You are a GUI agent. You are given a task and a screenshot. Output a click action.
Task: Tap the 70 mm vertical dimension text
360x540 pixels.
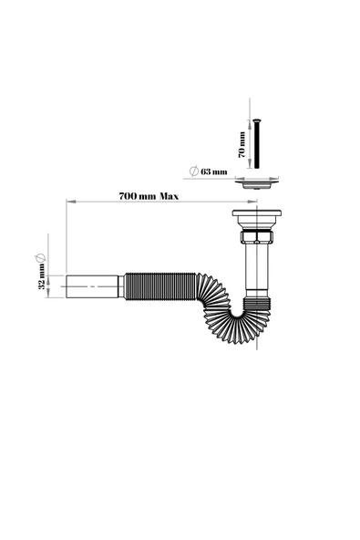[x=242, y=144]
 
